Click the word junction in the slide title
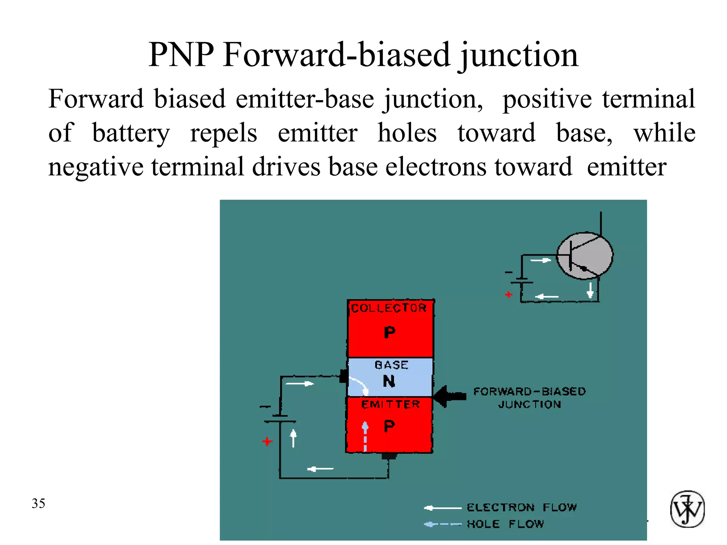(519, 56)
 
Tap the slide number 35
(38, 503)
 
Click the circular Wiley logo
(687, 509)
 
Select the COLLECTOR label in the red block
(389, 308)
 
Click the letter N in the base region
(389, 381)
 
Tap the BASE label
(392, 365)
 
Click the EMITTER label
(390, 404)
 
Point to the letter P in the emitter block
(389, 426)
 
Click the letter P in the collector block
(389, 332)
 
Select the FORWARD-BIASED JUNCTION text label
(529, 398)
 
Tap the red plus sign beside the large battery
(267, 442)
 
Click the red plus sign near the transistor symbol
(509, 294)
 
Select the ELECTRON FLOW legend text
(521, 507)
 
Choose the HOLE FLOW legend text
(505, 524)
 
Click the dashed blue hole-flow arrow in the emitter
(365, 436)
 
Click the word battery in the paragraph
(131, 133)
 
